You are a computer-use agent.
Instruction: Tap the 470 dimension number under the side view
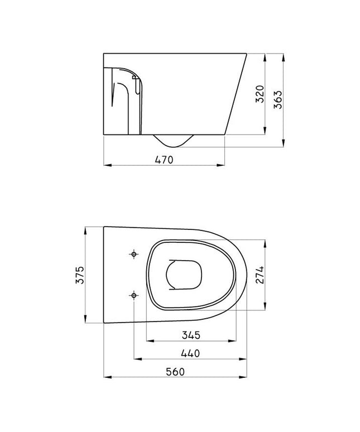point(165,160)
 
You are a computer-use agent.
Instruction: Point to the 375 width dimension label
point(79,275)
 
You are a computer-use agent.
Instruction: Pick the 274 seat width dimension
point(260,275)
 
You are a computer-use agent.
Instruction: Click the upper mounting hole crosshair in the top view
point(133,255)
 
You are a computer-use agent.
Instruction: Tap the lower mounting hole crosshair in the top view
point(133,295)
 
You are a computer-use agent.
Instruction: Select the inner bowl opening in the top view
point(182,275)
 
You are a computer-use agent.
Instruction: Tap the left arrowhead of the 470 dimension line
point(107,165)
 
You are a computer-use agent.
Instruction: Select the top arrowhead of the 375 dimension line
point(85,229)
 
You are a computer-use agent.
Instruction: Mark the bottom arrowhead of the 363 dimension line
point(284,145)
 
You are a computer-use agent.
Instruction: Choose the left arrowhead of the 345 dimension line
point(148,340)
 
